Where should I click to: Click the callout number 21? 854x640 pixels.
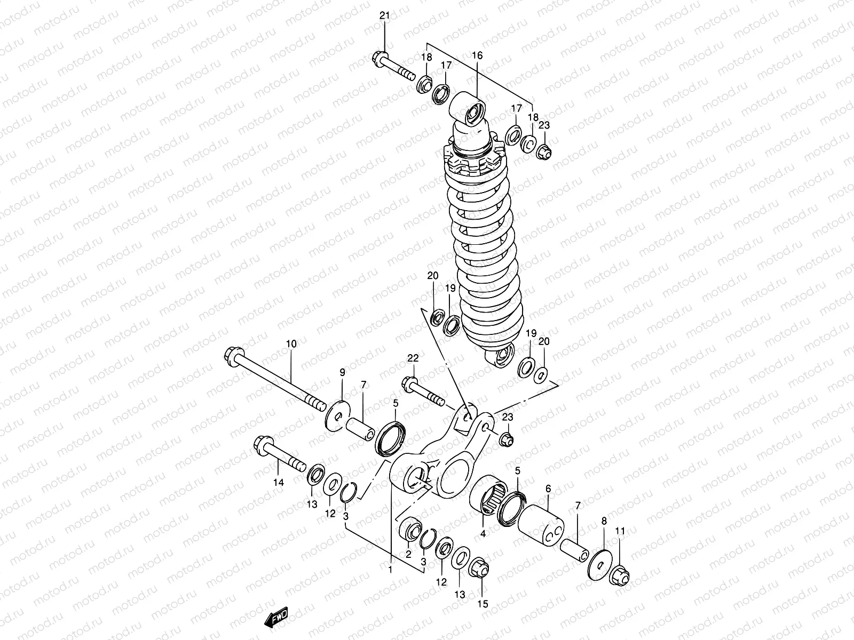coord(385,15)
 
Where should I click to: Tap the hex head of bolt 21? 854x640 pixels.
coord(379,57)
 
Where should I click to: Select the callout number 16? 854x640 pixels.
coord(477,55)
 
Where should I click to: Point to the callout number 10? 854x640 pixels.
coord(290,345)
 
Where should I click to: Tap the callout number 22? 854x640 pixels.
coord(414,358)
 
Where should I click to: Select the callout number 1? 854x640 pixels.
coord(391,570)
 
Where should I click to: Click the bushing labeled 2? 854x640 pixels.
coord(413,529)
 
